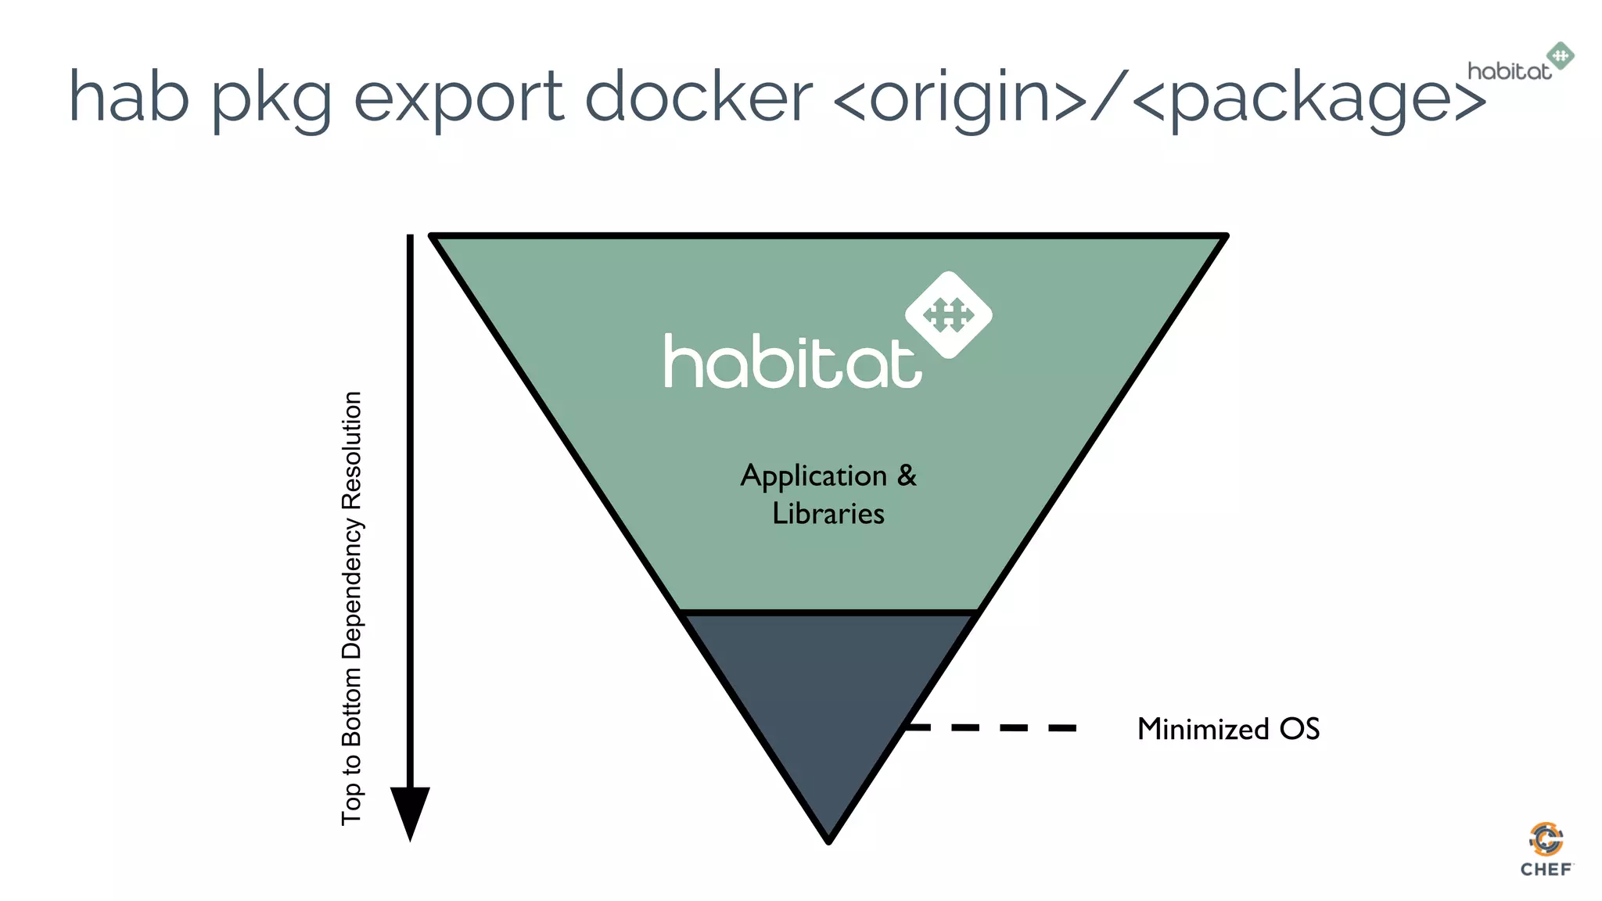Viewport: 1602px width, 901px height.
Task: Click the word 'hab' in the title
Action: (x=128, y=97)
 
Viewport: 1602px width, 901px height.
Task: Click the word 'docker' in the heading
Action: (x=699, y=97)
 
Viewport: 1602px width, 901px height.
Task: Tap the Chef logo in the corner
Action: (x=1546, y=849)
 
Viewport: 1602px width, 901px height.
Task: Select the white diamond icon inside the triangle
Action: (x=948, y=314)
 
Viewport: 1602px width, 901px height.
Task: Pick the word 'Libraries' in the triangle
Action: (x=828, y=514)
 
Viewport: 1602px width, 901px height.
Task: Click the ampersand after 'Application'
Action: (x=907, y=475)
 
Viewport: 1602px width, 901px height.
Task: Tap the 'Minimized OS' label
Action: (x=1228, y=729)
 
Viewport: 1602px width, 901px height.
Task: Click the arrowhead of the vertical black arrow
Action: (x=410, y=810)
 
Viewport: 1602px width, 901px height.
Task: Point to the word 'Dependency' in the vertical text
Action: (x=352, y=588)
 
